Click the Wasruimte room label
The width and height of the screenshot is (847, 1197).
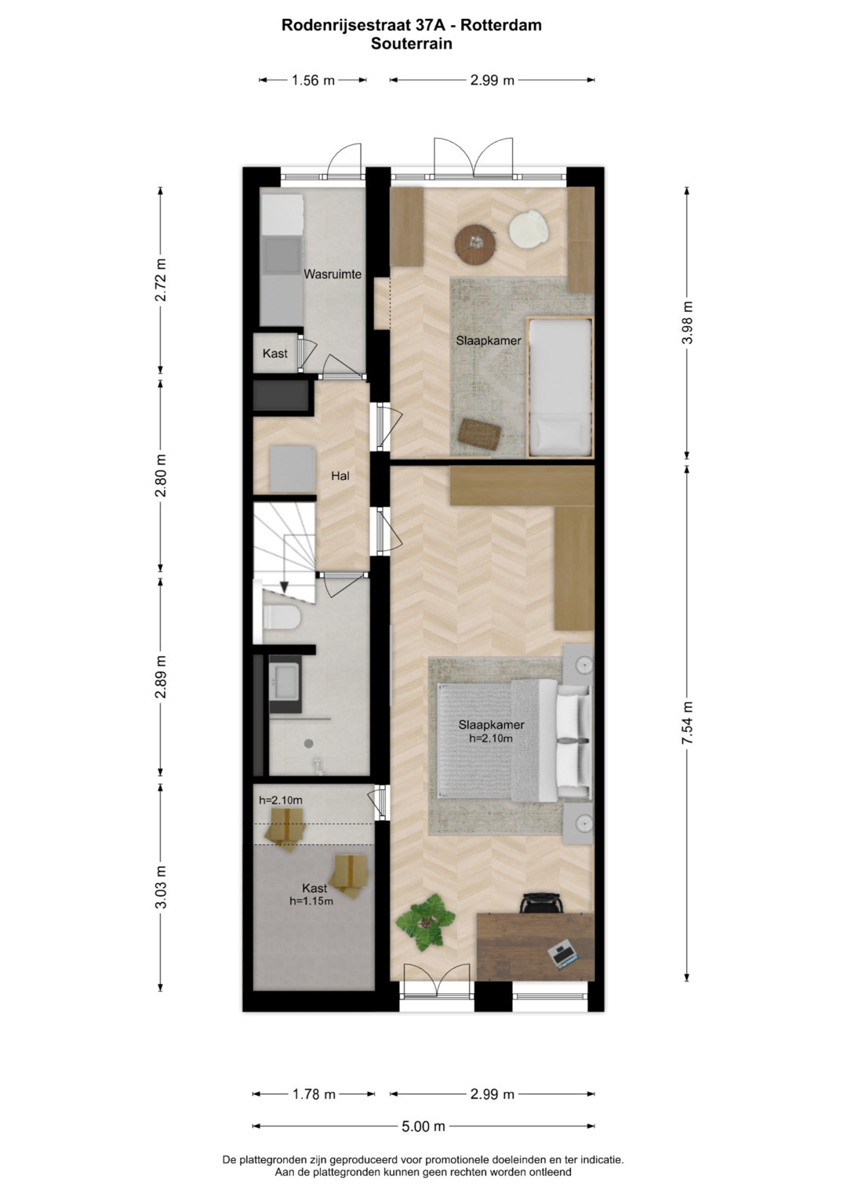pos(333,274)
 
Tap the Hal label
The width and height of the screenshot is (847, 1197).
pos(340,476)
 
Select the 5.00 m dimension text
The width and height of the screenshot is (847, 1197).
pos(423,1126)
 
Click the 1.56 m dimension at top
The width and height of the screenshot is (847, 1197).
pos(313,80)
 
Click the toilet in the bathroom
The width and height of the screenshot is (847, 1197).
pos(282,617)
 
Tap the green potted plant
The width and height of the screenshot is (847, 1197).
pos(426,922)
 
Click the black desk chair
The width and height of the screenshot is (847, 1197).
pos(542,902)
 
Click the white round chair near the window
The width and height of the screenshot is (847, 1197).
pos(529,229)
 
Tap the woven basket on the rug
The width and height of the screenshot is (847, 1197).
pos(480,433)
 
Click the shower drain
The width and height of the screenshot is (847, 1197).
pos(308,743)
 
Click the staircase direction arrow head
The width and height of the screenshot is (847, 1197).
pos(285,586)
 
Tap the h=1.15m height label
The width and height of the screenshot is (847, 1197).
pos(311,901)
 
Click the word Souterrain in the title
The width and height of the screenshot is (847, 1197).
pos(412,43)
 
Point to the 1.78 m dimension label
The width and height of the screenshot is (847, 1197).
pos(314,1094)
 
